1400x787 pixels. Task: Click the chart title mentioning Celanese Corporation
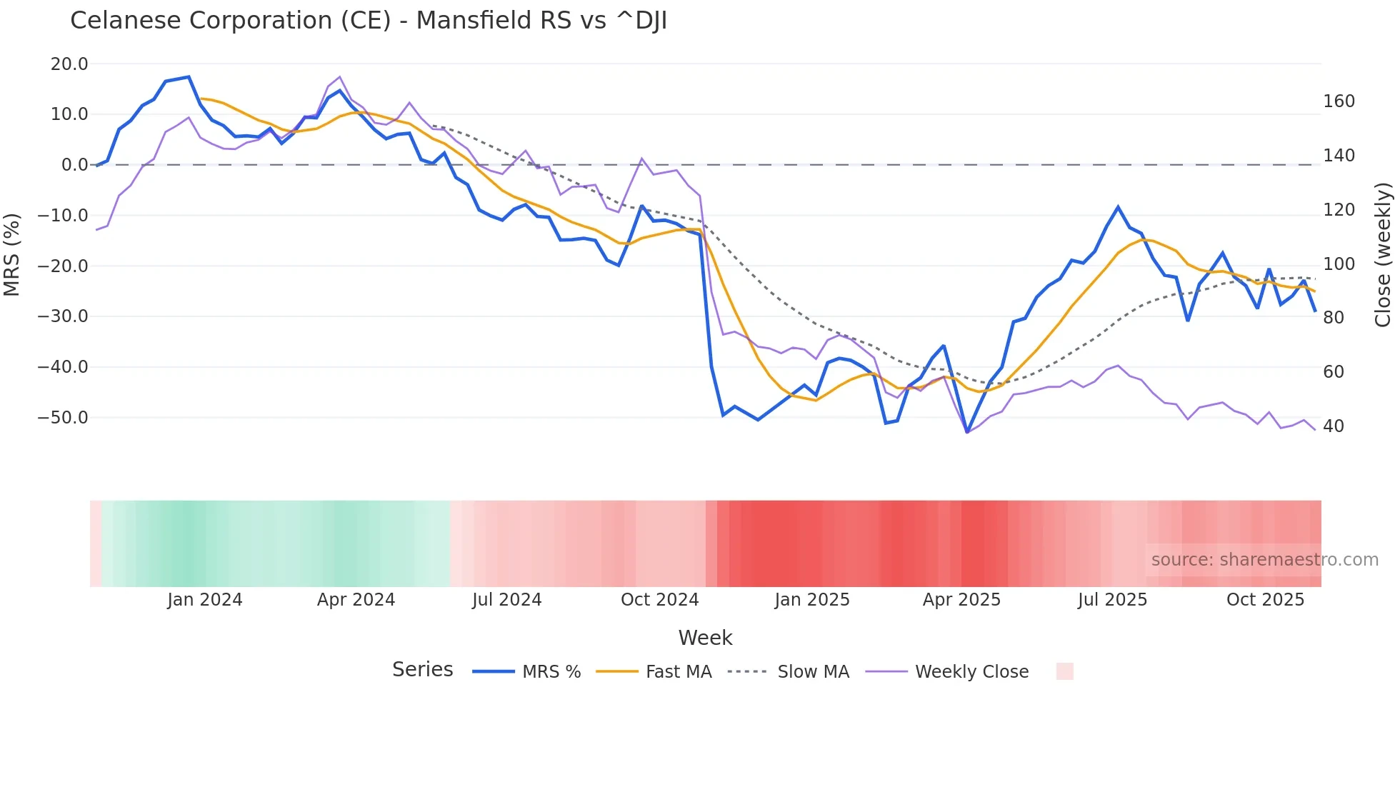[369, 21]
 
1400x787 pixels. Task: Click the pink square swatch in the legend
[1064, 671]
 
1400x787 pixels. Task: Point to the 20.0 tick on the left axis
[69, 64]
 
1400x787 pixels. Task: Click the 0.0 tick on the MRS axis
[74, 165]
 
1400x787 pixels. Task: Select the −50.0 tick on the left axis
[64, 418]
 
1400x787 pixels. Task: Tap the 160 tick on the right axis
[1339, 101]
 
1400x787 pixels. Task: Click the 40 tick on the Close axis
[1334, 426]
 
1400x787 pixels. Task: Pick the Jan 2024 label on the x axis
[205, 600]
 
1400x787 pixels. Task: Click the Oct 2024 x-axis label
[659, 600]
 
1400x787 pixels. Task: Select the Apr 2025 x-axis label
[961, 600]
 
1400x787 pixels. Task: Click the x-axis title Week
[705, 638]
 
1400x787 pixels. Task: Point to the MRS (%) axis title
[12, 254]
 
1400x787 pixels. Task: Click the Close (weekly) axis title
[1384, 255]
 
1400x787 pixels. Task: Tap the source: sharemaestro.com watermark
[1264, 560]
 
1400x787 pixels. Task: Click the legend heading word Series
[422, 670]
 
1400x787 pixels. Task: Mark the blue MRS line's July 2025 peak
[1118, 207]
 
